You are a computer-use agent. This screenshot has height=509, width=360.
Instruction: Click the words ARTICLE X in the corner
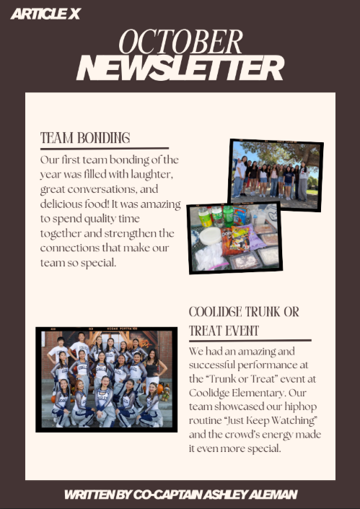[x=45, y=14]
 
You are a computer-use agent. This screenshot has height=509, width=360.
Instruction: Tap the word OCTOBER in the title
[x=180, y=43]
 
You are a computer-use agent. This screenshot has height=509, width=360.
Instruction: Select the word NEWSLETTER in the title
[x=180, y=69]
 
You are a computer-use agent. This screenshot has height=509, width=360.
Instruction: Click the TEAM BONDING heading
[x=85, y=138]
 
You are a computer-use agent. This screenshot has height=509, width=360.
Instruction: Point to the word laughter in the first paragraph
[x=146, y=174]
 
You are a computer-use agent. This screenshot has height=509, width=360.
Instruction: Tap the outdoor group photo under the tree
[x=275, y=174]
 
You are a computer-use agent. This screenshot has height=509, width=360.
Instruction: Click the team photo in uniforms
[x=106, y=379]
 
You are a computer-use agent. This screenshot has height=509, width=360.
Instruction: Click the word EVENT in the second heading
[x=240, y=331]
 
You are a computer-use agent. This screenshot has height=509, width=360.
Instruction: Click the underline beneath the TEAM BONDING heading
[x=105, y=148]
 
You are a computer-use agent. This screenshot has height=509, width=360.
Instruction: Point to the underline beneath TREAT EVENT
[x=250, y=340]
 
